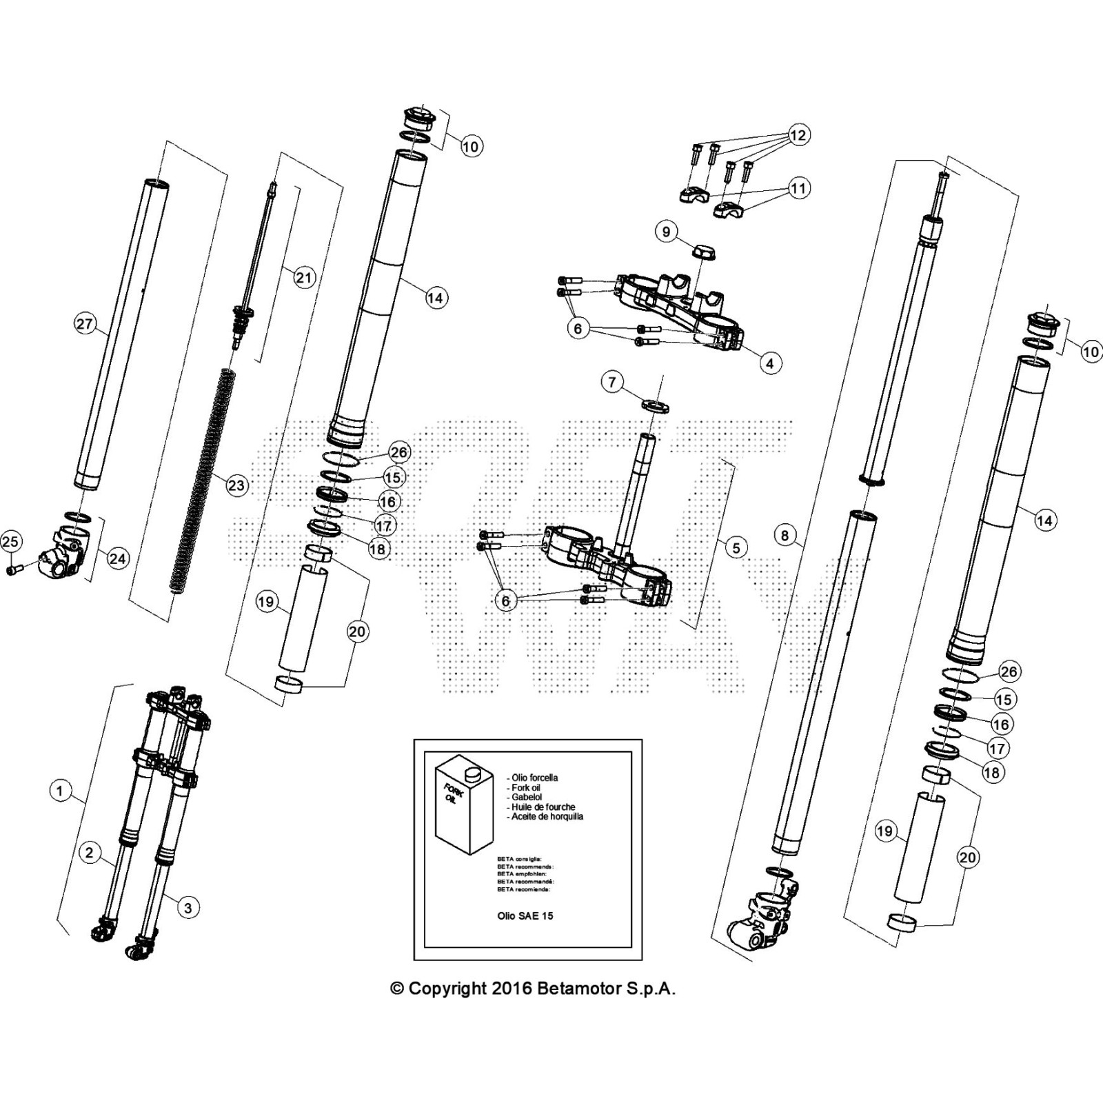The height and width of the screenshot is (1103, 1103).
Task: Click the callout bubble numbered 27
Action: click(x=85, y=324)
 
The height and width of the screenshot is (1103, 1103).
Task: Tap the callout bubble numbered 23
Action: click(x=236, y=485)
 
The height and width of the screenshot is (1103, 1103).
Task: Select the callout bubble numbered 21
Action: click(x=304, y=278)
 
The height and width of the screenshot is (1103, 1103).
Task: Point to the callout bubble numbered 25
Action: click(x=10, y=542)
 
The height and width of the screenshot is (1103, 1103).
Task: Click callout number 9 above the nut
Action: click(x=666, y=231)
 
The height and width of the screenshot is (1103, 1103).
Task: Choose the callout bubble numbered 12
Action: click(x=798, y=135)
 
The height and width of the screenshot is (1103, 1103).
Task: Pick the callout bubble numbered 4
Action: click(x=770, y=363)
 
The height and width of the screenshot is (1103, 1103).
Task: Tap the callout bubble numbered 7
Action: click(x=613, y=381)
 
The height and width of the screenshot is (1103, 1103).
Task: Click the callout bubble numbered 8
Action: click(x=785, y=535)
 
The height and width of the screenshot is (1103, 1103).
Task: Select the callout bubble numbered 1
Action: click(x=60, y=790)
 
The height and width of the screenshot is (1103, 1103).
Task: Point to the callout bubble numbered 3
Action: click(x=188, y=907)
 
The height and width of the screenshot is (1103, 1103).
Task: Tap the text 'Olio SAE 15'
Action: click(x=525, y=915)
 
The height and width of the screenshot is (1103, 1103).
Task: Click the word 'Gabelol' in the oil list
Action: click(x=527, y=797)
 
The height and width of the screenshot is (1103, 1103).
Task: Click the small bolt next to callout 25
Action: click(x=15, y=569)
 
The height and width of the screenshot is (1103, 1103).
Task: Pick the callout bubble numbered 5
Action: click(x=736, y=547)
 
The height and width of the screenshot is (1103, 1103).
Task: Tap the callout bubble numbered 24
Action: click(x=118, y=558)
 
